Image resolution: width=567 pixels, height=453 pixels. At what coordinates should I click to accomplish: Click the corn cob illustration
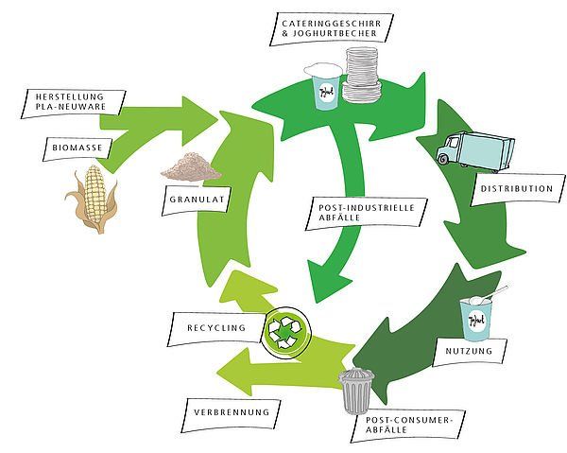[93, 199]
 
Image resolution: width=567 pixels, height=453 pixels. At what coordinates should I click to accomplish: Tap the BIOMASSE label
[77, 148]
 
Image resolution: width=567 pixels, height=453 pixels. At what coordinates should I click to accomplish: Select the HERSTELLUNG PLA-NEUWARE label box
[73, 103]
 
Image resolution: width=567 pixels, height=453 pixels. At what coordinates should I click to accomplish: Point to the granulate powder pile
[191, 166]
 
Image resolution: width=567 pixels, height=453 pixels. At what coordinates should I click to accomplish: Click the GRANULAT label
[198, 200]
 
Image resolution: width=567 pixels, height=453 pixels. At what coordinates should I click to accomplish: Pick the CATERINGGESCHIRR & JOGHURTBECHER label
[332, 29]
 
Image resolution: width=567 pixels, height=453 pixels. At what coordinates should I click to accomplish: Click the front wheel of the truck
[443, 158]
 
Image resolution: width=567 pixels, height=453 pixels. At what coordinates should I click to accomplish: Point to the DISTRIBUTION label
[518, 189]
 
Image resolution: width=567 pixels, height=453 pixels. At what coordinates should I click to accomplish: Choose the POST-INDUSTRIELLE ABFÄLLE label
[367, 213]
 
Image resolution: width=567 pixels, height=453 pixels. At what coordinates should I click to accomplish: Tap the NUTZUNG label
[470, 351]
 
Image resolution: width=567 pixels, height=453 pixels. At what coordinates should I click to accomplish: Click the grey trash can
[356, 391]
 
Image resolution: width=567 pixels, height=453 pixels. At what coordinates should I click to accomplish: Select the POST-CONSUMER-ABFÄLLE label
[408, 426]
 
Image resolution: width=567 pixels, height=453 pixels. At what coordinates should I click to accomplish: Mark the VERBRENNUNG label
[232, 412]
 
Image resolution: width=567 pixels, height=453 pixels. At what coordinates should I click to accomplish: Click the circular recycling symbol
[285, 333]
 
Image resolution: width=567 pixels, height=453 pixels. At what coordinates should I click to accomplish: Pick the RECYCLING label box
[216, 328]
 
